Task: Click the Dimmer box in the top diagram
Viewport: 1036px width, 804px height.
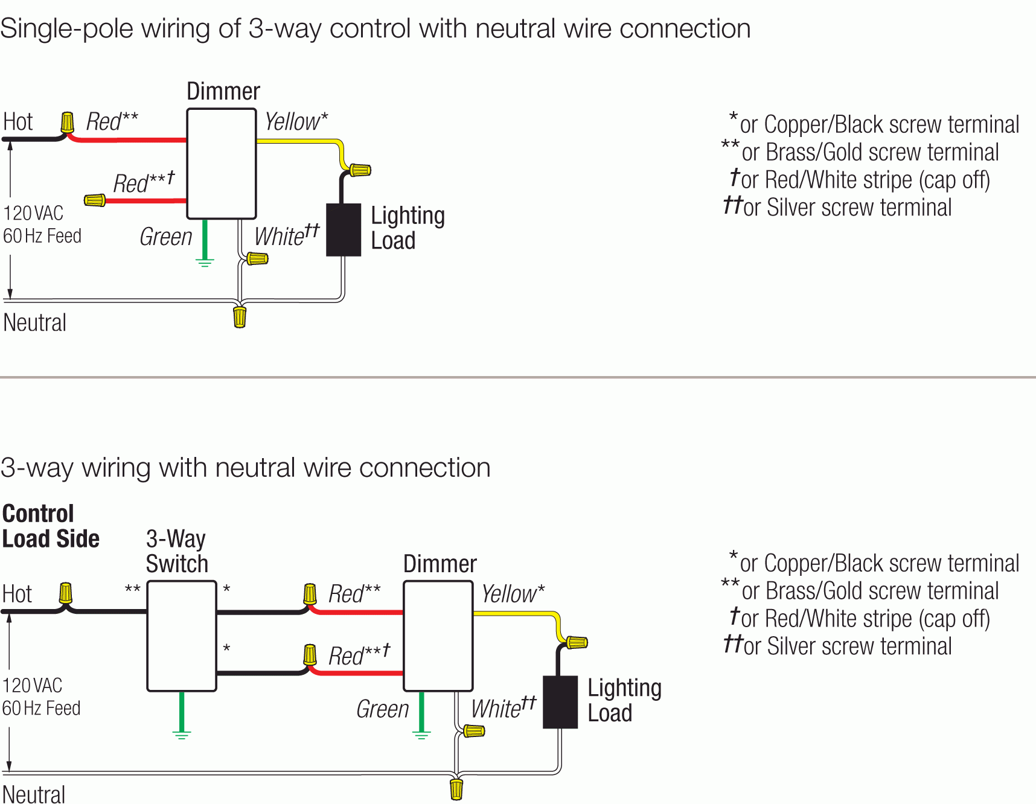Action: pyautogui.click(x=222, y=164)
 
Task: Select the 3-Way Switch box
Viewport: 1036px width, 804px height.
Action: pyautogui.click(x=182, y=636)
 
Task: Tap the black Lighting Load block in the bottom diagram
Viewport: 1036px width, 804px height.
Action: pyautogui.click(x=560, y=702)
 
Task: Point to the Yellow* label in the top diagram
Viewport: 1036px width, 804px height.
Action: pyautogui.click(x=296, y=121)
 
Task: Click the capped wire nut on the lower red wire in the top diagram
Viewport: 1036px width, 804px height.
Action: pyautogui.click(x=95, y=200)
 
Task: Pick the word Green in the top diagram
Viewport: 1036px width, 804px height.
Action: pyautogui.click(x=165, y=237)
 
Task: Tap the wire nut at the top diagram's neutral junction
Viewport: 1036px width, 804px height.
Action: pyautogui.click(x=240, y=316)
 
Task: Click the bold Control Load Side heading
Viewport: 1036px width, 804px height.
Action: pyautogui.click(x=51, y=526)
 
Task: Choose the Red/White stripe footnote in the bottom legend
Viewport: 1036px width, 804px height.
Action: pyautogui.click(x=860, y=618)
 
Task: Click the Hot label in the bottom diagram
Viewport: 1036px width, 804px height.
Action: pyautogui.click(x=17, y=594)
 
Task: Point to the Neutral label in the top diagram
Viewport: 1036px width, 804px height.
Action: pyautogui.click(x=34, y=322)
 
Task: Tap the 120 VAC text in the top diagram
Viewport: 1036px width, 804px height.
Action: pyautogui.click(x=33, y=213)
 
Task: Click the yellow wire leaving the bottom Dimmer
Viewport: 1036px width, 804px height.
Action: pyautogui.click(x=513, y=613)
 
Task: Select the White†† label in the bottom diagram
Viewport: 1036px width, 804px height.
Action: pyautogui.click(x=503, y=707)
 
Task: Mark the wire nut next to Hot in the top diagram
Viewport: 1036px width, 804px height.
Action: pyautogui.click(x=68, y=123)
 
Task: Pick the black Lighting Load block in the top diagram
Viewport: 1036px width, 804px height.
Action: pyautogui.click(x=344, y=230)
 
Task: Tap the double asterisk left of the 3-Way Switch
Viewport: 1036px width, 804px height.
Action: pyautogui.click(x=132, y=589)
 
